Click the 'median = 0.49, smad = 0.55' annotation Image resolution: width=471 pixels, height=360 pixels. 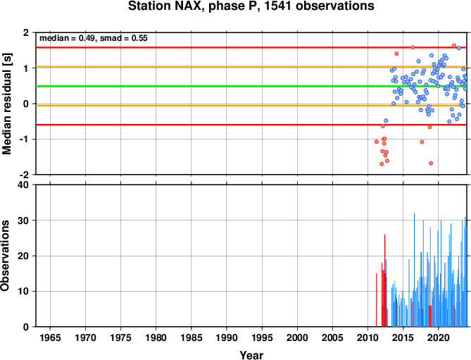coord(94,38)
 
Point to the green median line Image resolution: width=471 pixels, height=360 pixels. coord(251,87)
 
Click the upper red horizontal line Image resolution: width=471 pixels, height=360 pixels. coord(251,47)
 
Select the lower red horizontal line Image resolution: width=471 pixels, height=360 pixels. coord(251,125)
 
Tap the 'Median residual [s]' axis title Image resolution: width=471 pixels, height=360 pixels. coord(6,104)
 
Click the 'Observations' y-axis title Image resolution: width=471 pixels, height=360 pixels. coord(5,256)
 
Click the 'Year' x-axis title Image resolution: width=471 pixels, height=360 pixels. coord(251,354)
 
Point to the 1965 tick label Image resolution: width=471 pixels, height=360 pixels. coord(50,337)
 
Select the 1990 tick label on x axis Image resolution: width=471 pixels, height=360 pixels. coord(227,337)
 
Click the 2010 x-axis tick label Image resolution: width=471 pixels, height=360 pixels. coord(368,337)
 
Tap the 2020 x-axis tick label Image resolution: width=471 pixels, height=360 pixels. coord(439,337)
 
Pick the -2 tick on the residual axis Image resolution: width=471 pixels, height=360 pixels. coord(25,175)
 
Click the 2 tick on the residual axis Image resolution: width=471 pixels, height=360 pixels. coord(27,32)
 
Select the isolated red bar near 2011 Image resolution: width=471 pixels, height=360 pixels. coord(377,300)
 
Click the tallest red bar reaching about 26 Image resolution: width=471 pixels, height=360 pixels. coord(385,280)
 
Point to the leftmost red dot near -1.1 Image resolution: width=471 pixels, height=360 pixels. coord(377,142)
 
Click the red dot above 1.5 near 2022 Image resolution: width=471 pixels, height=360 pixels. coord(454,46)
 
